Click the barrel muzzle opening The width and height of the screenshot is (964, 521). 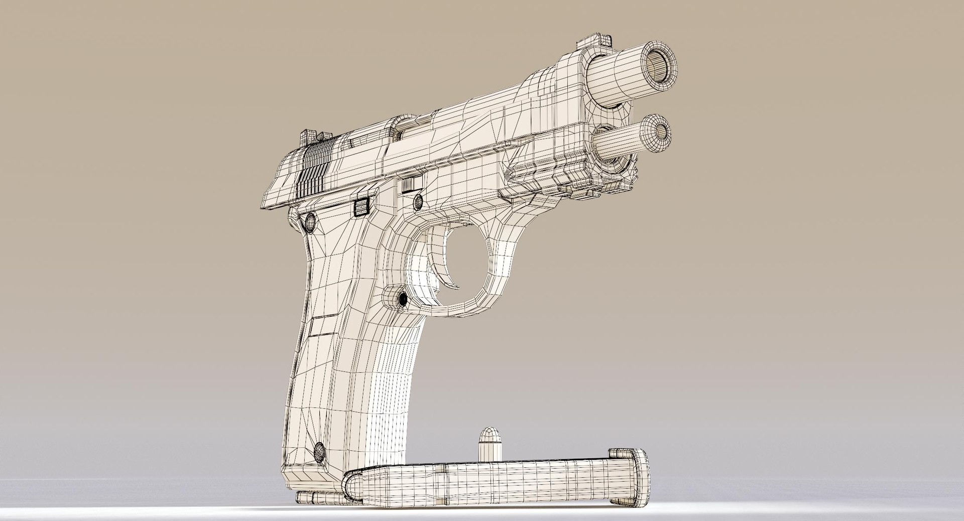656,64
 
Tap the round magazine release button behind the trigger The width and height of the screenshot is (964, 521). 402,300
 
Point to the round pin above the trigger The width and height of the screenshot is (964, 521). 417,202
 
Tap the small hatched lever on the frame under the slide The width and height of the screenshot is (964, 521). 411,185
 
